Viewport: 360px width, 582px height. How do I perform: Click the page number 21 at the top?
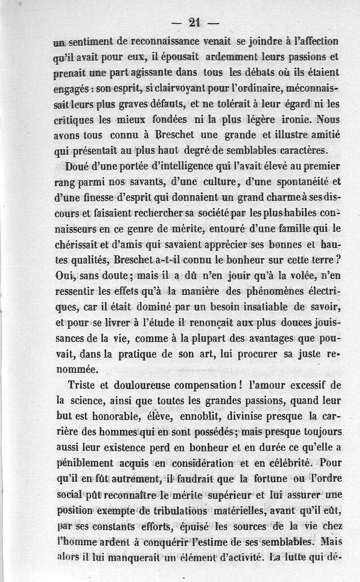click(194, 23)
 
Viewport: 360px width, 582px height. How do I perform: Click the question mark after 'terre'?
click(336, 260)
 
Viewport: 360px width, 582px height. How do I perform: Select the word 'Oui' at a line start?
click(62, 275)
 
